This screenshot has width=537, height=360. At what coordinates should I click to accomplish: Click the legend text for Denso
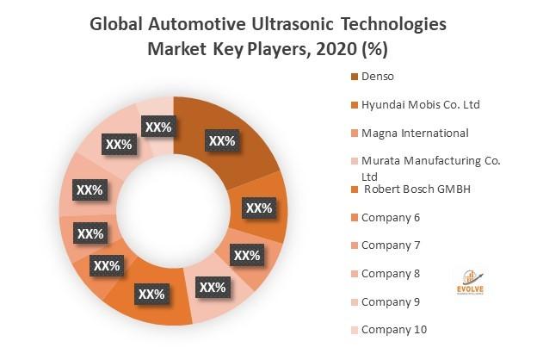(379, 78)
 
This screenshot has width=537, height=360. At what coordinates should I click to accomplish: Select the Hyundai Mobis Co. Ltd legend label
(421, 105)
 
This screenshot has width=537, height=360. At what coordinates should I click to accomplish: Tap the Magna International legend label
(415, 133)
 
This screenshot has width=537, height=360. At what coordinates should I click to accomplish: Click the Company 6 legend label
(391, 217)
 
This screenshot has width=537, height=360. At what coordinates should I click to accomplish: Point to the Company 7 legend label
(391, 245)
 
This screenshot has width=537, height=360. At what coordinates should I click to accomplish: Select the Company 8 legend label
(391, 273)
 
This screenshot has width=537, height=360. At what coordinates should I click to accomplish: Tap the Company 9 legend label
(391, 301)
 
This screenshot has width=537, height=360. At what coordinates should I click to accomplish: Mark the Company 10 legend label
(393, 329)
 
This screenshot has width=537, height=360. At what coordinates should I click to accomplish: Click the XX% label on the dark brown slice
(222, 140)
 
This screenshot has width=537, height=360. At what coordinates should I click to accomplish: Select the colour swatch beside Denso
(354, 78)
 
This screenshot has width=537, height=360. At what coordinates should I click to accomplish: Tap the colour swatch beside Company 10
(354, 329)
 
